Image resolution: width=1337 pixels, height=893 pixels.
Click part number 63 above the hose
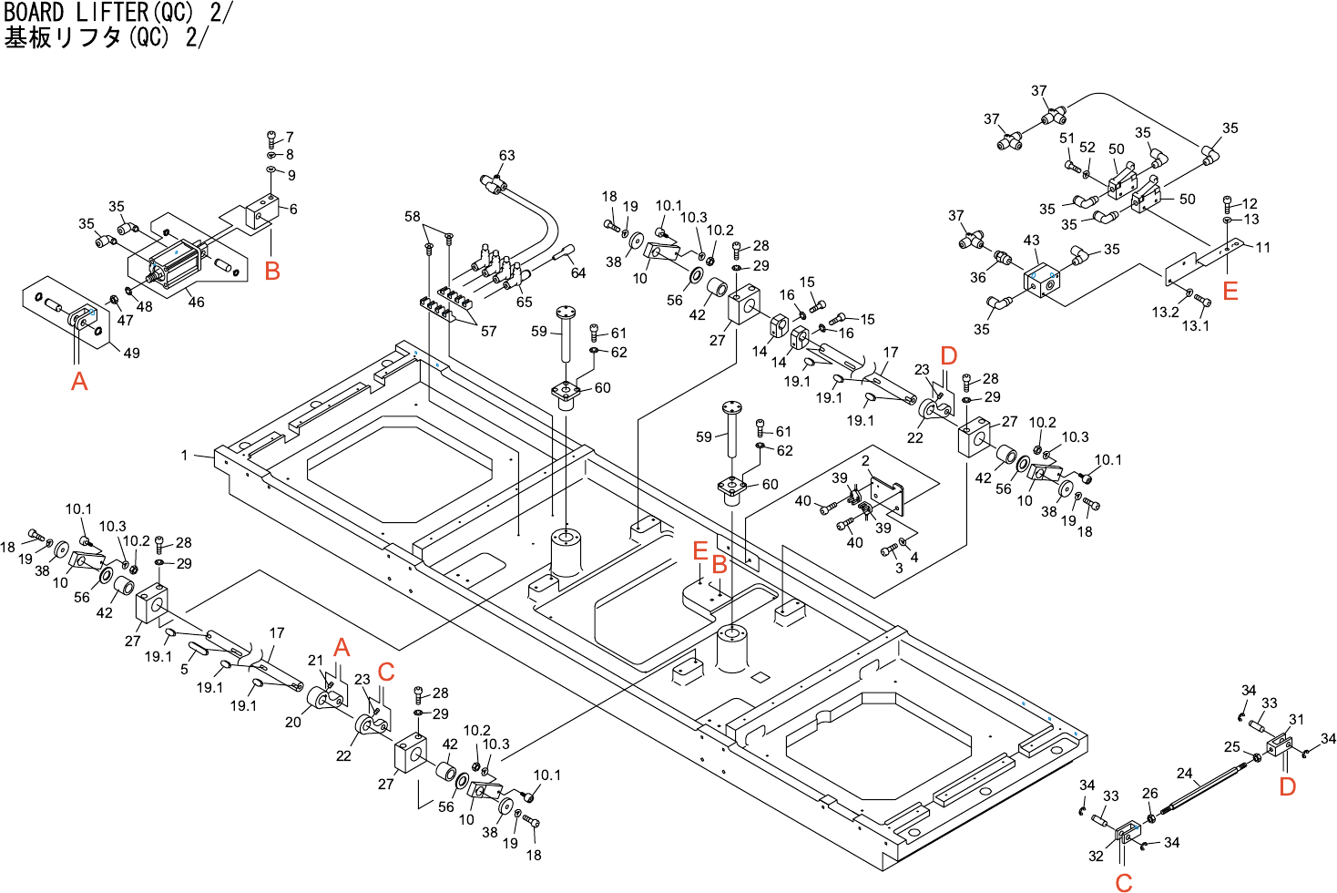tap(506, 156)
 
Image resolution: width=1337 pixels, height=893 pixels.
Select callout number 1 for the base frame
tap(184, 455)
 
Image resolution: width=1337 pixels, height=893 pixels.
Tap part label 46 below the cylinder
tap(196, 303)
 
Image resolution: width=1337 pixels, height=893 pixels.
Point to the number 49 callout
tap(132, 353)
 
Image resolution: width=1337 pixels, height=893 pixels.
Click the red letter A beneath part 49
tap(79, 381)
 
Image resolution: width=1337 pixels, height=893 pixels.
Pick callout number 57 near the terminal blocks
tap(488, 331)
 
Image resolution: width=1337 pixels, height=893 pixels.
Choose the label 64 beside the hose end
tap(578, 272)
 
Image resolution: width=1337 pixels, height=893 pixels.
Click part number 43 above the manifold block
tap(1031, 241)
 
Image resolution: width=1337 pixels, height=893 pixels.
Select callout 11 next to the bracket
tap(1262, 247)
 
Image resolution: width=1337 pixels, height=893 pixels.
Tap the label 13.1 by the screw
tap(1195, 325)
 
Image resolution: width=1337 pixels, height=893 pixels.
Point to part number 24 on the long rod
tap(1184, 773)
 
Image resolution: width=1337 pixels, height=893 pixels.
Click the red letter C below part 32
tap(1124, 881)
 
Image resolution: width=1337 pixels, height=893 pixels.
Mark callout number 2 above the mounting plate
tap(865, 461)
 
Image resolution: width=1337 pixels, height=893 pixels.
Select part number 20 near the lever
tap(292, 722)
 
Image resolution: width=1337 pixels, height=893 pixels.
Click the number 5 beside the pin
tap(184, 670)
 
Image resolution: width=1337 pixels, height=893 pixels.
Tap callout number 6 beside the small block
tap(293, 209)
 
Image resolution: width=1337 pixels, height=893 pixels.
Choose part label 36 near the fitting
tap(977, 277)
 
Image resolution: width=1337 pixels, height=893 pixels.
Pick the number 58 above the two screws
tap(413, 217)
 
